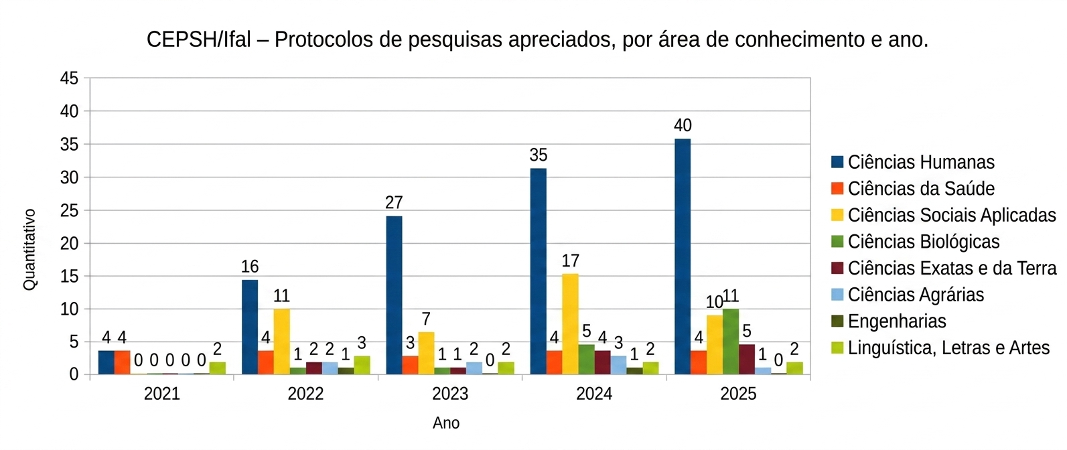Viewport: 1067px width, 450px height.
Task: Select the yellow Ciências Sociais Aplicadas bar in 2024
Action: tap(570, 324)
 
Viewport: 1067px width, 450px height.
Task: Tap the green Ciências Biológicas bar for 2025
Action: tap(731, 342)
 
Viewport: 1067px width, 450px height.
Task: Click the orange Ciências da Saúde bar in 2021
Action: tap(122, 362)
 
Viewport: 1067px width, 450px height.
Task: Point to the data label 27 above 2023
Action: tap(394, 202)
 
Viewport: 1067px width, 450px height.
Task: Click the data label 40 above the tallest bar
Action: tap(683, 125)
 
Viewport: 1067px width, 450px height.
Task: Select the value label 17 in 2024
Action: tap(570, 260)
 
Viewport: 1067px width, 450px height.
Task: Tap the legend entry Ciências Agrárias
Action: tap(915, 295)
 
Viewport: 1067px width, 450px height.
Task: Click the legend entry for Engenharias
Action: tap(896, 321)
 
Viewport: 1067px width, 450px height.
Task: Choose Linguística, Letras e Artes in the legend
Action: tap(948, 348)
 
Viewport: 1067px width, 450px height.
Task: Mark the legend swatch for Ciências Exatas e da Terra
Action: tap(837, 269)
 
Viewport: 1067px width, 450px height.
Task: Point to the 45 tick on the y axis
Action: tap(69, 78)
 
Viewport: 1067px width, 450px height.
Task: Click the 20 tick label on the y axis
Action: tap(69, 244)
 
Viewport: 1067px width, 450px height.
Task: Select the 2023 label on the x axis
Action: tap(450, 394)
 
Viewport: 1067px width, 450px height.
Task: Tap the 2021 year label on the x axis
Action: tap(162, 394)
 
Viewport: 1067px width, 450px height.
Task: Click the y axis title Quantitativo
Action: tap(29, 249)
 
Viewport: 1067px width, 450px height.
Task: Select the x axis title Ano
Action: tap(446, 423)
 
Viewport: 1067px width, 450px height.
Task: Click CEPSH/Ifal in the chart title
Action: tap(198, 40)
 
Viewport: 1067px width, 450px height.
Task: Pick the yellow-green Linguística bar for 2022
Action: tap(362, 365)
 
